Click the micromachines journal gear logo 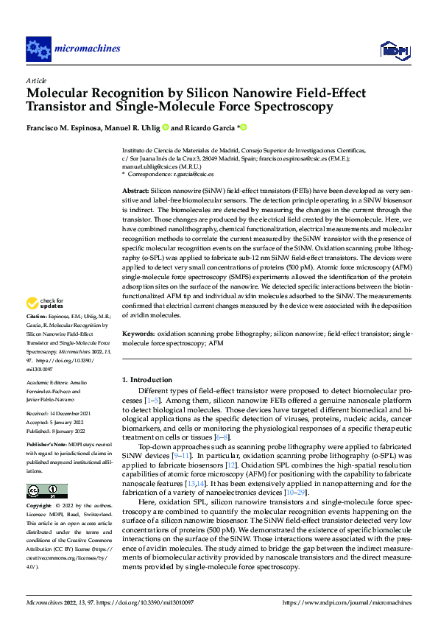[x=38, y=49]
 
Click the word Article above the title [x=36, y=80]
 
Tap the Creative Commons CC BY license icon [x=46, y=490]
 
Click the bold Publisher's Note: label [x=48, y=446]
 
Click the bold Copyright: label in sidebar [x=40, y=507]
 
